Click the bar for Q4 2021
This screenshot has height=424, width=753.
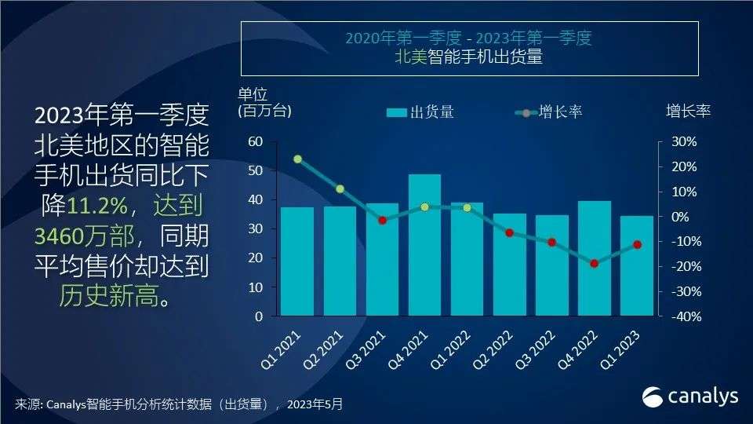click(x=424, y=251)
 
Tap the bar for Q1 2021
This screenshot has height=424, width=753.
click(x=297, y=262)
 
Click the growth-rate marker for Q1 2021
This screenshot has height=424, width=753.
click(x=297, y=159)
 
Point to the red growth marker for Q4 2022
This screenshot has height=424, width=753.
click(x=594, y=264)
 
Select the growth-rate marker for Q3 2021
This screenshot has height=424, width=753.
click(x=382, y=221)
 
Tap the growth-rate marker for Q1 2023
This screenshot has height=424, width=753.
click(x=637, y=245)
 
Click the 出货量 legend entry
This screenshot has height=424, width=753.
click(x=421, y=112)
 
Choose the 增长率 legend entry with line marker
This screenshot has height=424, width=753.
click(x=548, y=112)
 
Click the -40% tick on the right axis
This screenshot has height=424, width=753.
click(x=682, y=317)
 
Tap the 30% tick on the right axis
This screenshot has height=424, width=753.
click(x=682, y=142)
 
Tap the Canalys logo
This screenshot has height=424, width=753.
click(x=690, y=397)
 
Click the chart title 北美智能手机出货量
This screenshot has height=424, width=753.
click(x=469, y=57)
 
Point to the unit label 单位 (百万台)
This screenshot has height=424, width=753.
click(x=264, y=103)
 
